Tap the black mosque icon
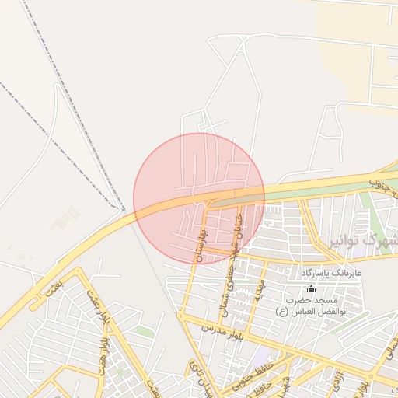click(311, 288)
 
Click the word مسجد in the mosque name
click(337, 300)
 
